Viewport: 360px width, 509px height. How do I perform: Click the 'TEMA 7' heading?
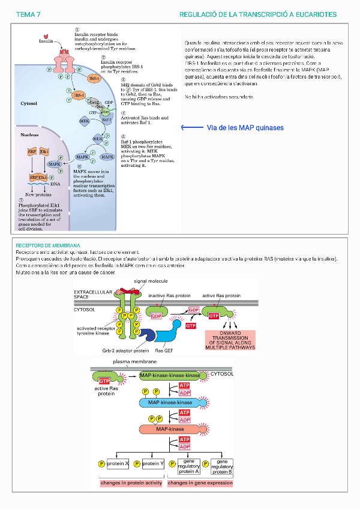coord(28,14)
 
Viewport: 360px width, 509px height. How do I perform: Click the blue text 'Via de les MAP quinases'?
coord(245,128)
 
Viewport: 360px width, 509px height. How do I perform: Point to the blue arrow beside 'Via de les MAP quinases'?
coord(192,128)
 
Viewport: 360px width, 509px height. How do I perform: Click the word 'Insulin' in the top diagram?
coord(46,42)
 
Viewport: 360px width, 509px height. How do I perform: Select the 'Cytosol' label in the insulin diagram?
coord(29,103)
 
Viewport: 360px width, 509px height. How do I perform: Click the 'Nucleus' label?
coord(29,135)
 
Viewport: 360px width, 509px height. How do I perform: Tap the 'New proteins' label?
coord(38,195)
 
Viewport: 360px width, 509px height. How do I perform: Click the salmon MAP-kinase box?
coord(170,429)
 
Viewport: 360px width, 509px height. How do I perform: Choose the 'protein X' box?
coord(118,463)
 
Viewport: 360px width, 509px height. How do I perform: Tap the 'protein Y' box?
coord(152,463)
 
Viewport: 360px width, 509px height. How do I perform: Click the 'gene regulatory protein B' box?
coord(222,466)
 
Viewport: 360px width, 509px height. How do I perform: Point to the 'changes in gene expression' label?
coord(200,483)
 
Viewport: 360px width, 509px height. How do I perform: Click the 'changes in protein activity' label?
coord(131,483)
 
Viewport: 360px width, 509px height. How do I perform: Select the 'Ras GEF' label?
coord(164,351)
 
